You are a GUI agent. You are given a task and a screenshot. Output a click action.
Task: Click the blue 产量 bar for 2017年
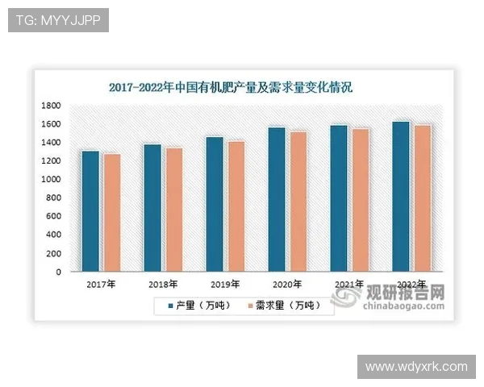(90, 211)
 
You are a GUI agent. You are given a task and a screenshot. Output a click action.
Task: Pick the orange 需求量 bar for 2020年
(298, 202)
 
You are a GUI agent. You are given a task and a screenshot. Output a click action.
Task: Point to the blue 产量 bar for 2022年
(401, 197)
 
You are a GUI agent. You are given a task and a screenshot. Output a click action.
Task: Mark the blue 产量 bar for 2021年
(339, 198)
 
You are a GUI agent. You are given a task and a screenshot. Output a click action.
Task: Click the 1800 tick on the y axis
(52, 106)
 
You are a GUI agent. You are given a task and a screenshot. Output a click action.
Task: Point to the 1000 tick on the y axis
(52, 180)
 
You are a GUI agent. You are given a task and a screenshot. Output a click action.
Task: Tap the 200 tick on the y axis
(54, 253)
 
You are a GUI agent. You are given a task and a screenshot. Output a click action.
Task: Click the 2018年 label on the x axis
(163, 285)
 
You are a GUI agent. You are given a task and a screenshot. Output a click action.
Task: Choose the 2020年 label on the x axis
(287, 285)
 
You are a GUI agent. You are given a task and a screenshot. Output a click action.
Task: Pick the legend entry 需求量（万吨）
(282, 306)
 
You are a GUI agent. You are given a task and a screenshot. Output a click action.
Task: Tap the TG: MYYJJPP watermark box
(58, 20)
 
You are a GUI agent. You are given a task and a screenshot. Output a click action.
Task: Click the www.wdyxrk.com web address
(416, 367)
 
